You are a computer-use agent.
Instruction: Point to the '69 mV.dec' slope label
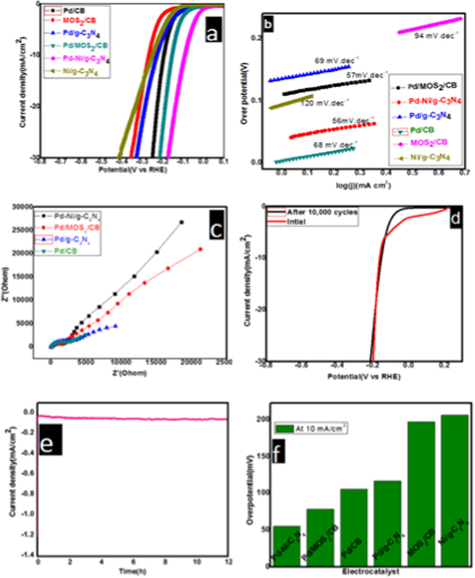[310, 60]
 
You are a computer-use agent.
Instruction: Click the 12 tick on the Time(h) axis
[227, 561]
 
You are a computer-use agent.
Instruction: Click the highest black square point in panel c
[181, 222]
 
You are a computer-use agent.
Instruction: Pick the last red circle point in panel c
[200, 249]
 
